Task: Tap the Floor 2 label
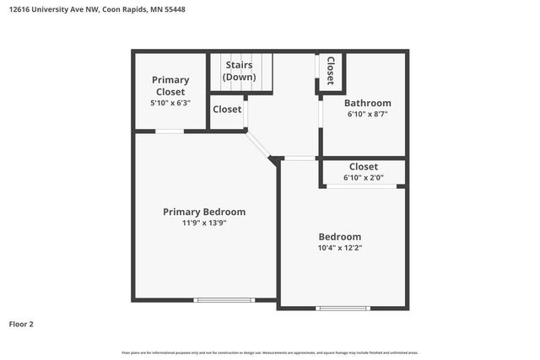[x=21, y=324]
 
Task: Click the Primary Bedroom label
[x=204, y=212]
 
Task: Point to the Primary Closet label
[x=170, y=85]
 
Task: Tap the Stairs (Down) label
[x=240, y=71]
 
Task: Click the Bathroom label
[x=367, y=103]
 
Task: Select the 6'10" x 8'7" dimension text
[x=367, y=114]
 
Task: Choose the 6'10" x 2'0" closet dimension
[x=363, y=178]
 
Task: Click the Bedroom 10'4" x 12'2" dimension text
[x=339, y=249]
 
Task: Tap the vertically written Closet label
[x=330, y=71]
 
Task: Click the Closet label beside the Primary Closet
[x=227, y=110]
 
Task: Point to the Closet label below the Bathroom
[x=363, y=167]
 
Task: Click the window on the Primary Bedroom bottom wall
[x=224, y=300]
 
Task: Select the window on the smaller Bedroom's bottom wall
[x=343, y=309]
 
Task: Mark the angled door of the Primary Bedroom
[x=258, y=143]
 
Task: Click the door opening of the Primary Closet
[x=170, y=131]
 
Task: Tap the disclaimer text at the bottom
[x=270, y=352]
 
